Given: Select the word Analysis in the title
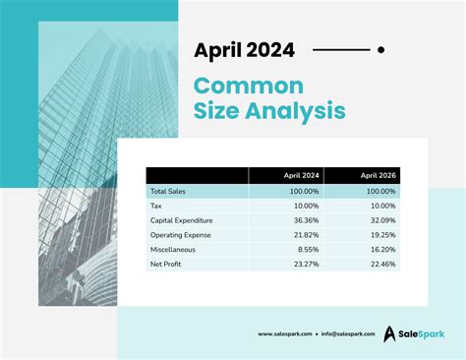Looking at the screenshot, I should (293, 110).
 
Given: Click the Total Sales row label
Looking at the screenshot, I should (168, 191).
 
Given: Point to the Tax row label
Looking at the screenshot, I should (156, 206).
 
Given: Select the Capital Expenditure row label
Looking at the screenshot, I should (182, 220).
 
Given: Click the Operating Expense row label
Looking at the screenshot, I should (179, 235).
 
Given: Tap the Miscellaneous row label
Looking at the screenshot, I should (172, 250).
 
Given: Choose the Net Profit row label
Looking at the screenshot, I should (164, 265).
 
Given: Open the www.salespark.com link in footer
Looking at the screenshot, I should (285, 334).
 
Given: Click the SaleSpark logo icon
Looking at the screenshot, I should (390, 334).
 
